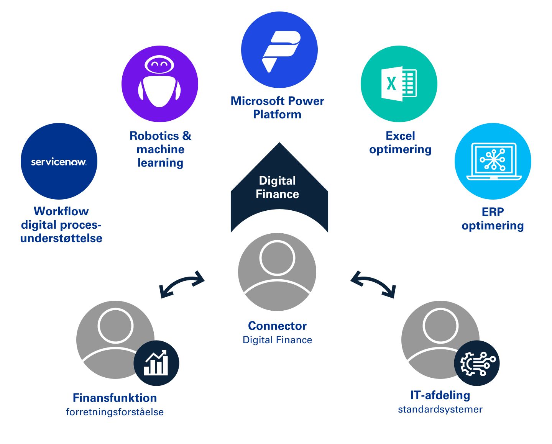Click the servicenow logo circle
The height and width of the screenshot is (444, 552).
pos(59,161)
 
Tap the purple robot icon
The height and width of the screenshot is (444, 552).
pos(159,84)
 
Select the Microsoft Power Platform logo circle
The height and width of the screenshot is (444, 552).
pos(279,50)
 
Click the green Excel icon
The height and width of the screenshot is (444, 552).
pos(399,84)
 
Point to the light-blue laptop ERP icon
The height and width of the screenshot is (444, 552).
pos(493,161)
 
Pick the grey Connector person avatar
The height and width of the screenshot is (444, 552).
pos(277,272)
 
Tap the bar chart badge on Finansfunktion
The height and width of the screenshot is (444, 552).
pos(156,363)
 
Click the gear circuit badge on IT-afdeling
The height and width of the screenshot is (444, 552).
pos(476,363)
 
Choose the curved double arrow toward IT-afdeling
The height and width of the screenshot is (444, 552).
pos(373,283)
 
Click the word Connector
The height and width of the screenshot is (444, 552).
pos(277,326)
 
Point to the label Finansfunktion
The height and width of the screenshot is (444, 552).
pos(115,398)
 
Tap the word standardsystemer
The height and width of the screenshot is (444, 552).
pos(440,409)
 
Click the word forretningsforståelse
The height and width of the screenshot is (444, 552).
pos(115,412)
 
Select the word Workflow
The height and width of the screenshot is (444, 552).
pos(61,211)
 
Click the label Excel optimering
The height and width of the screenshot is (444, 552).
pos(400,143)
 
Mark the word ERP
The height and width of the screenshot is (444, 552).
pos(493,212)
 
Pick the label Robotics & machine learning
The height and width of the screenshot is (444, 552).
pos(160,149)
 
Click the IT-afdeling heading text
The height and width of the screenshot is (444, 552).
pos(440,395)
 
